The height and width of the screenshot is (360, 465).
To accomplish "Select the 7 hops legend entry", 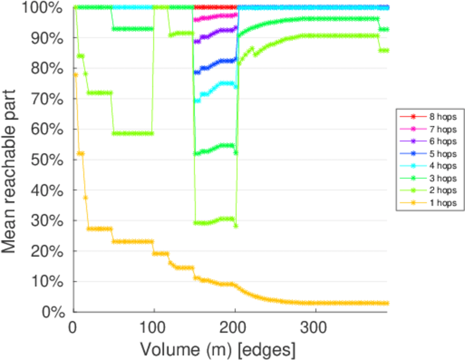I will point(439,130).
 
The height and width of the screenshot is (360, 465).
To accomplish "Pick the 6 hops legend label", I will point(439,140).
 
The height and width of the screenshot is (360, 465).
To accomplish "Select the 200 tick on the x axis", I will point(234,326).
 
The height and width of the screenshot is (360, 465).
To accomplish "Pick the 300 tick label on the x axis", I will point(315,326).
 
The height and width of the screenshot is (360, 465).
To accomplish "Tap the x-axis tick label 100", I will point(154,326).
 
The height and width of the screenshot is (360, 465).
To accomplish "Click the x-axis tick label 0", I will point(73,326).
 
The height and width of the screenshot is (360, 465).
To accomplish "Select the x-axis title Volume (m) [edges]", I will point(218,349).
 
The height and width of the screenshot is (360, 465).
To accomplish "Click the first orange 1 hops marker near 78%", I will point(76,74).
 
